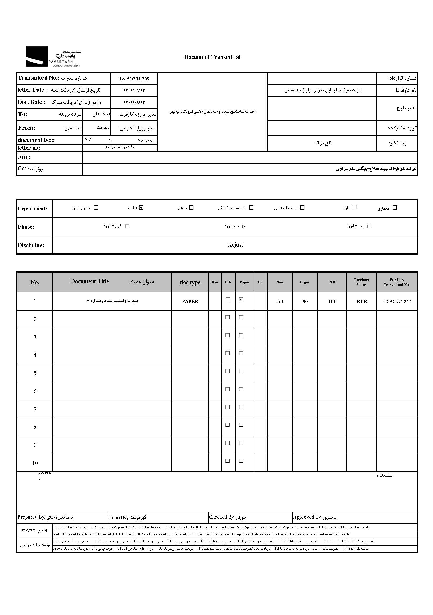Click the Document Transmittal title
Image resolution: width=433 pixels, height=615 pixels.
click(x=212, y=57)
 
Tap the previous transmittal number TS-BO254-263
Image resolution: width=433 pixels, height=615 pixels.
click(x=396, y=301)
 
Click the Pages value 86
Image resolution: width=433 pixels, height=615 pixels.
click(x=305, y=301)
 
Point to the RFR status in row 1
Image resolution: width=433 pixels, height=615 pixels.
click(x=361, y=301)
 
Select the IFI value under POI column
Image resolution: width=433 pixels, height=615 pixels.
click(x=332, y=301)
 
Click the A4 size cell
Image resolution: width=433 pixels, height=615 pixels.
click(x=280, y=302)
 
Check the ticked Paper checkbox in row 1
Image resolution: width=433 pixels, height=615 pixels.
click(x=241, y=299)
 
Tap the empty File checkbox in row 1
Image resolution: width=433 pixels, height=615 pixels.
click(x=228, y=299)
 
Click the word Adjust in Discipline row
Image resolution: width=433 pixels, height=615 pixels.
click(x=235, y=245)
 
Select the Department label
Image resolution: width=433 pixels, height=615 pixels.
click(x=32, y=209)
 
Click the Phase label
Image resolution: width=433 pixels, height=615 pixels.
click(x=26, y=227)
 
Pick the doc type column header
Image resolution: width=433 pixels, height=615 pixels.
click(x=190, y=282)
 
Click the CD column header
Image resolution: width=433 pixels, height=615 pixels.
click(x=260, y=282)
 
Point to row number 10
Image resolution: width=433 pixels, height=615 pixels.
click(x=35, y=463)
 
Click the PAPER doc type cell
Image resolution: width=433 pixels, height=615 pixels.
click(x=190, y=301)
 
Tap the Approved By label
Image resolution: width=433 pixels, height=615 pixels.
click(x=307, y=517)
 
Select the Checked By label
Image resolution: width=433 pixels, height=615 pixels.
click(x=221, y=517)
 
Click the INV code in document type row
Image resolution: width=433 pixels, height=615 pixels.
click(x=87, y=139)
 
